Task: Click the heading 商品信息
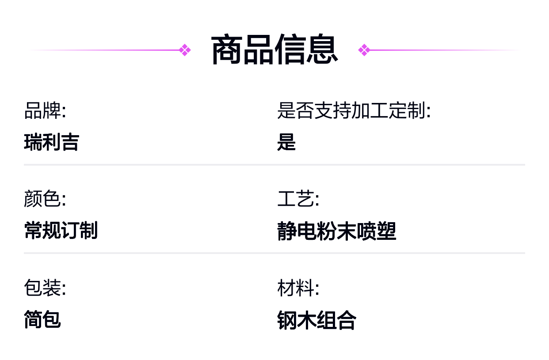[x=274, y=50]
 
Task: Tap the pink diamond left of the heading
[x=185, y=50]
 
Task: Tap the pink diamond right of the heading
[x=364, y=50]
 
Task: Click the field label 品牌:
[x=45, y=111]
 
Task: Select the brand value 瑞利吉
[x=51, y=142]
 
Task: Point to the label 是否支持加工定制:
[x=354, y=111]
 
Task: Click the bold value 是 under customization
[x=286, y=142]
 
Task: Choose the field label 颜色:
[x=45, y=199]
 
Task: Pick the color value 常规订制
[x=61, y=230]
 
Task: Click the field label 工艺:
[x=298, y=199]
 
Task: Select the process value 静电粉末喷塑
[x=337, y=231]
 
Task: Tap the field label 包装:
[x=45, y=288]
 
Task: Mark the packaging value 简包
[x=42, y=319]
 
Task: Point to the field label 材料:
[x=298, y=288]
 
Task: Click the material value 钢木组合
[x=316, y=320]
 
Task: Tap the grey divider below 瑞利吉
[x=274, y=165]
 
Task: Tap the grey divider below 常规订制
[x=274, y=253]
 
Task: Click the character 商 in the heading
[x=227, y=50]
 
